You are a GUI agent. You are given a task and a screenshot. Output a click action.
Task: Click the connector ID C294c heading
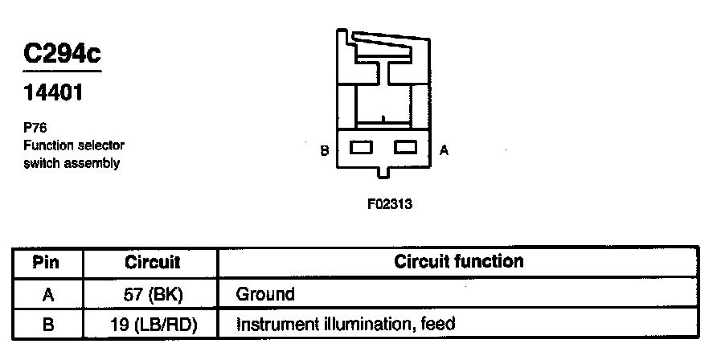coord(63,55)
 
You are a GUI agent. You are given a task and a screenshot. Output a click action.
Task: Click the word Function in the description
coord(47,145)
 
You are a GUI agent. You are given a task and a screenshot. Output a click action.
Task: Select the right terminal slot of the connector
coord(406,148)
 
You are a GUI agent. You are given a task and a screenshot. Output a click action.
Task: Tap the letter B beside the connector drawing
coord(324,150)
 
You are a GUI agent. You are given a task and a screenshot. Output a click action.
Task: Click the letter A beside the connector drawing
coord(444,150)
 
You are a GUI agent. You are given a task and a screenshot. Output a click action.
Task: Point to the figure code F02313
coord(389,204)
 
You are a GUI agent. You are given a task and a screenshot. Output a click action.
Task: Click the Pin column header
coord(47,263)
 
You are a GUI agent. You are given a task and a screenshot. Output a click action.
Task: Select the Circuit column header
coord(153,263)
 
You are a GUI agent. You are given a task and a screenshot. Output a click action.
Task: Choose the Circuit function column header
coord(458,262)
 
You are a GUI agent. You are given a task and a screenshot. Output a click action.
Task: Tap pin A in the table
coord(47,294)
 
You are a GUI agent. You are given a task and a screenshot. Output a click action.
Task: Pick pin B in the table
coord(47,325)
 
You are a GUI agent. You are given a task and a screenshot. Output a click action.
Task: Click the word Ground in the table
coord(265,294)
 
